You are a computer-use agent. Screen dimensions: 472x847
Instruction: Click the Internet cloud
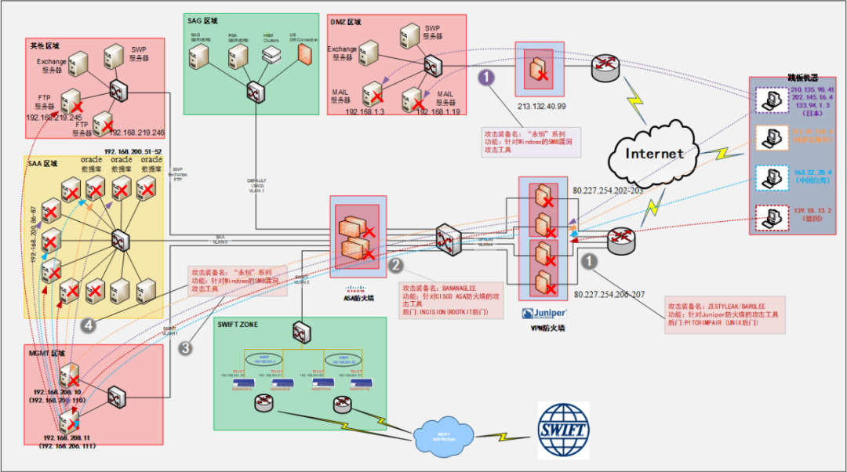pyautogui.click(x=653, y=153)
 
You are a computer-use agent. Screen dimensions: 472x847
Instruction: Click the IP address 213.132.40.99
pyautogui.click(x=540, y=106)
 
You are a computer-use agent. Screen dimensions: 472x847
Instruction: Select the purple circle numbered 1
pyautogui.click(x=487, y=77)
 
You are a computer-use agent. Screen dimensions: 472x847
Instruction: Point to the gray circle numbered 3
pyautogui.click(x=185, y=348)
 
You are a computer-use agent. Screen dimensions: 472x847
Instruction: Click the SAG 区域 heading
pyautogui.click(x=205, y=21)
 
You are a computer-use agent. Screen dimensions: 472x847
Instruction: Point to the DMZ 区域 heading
pyautogui.click(x=345, y=22)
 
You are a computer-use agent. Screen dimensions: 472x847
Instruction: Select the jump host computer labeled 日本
pyautogui.click(x=768, y=98)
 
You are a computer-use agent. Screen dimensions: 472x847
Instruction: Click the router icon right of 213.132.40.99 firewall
pyautogui.click(x=604, y=67)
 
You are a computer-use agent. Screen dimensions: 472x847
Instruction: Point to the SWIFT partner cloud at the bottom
pyautogui.click(x=443, y=432)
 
